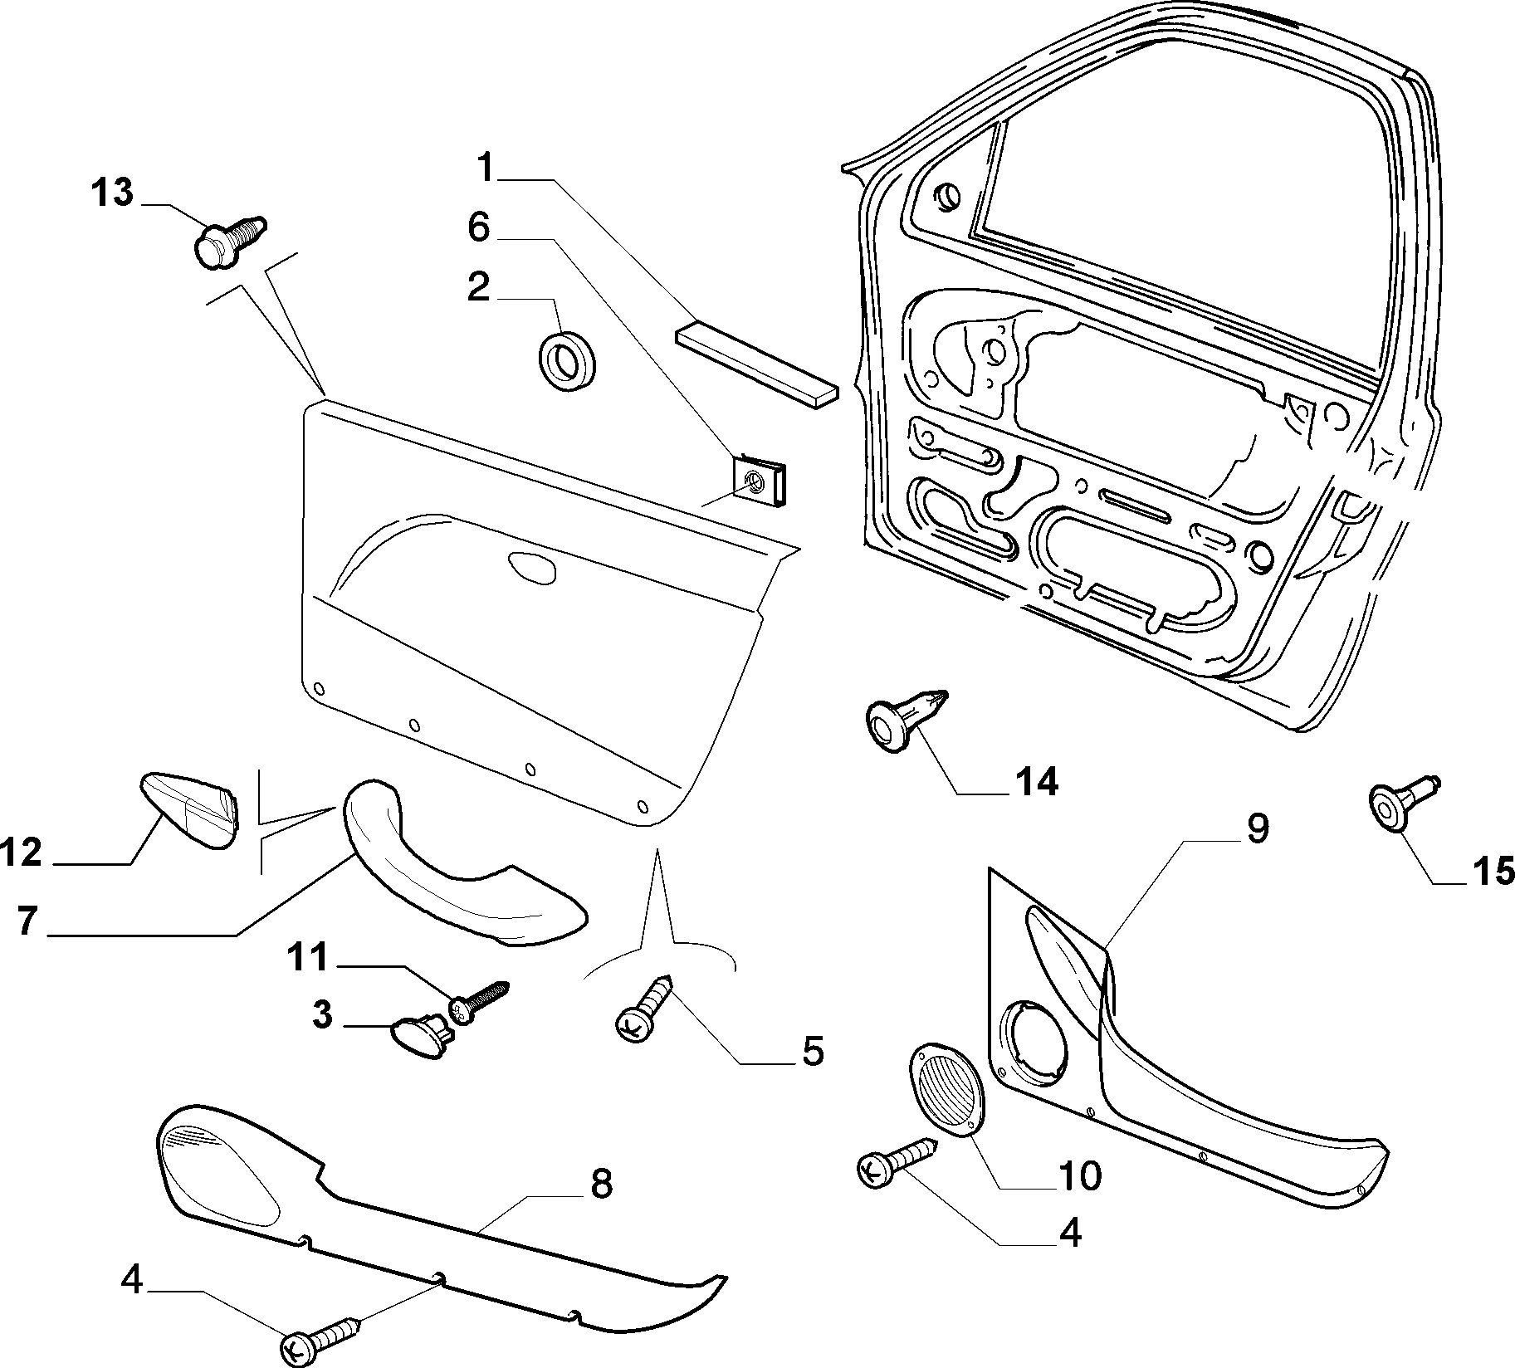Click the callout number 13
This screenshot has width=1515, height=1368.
tap(112, 193)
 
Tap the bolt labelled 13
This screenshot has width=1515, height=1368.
tap(230, 242)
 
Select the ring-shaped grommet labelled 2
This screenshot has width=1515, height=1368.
tap(569, 362)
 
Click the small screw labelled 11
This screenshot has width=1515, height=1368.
tap(478, 999)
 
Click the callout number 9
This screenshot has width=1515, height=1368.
tap(1257, 828)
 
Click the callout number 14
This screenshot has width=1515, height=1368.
tap(1034, 781)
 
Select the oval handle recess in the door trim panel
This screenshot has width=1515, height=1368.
tap(534, 567)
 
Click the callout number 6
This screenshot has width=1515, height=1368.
tap(479, 226)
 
